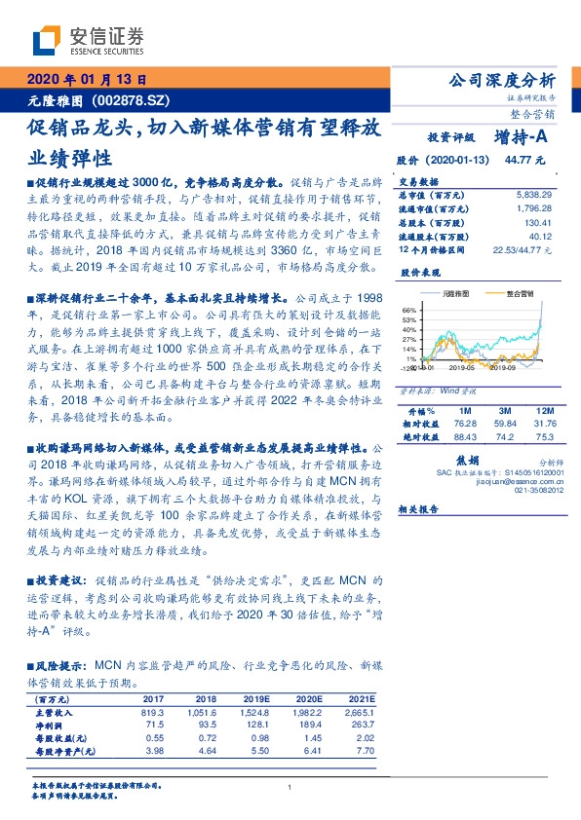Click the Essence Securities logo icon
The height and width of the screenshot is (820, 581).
pyautogui.click(x=46, y=40)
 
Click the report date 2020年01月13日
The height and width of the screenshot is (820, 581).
pyautogui.click(x=88, y=80)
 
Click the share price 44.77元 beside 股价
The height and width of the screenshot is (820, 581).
pyautogui.click(x=536, y=160)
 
